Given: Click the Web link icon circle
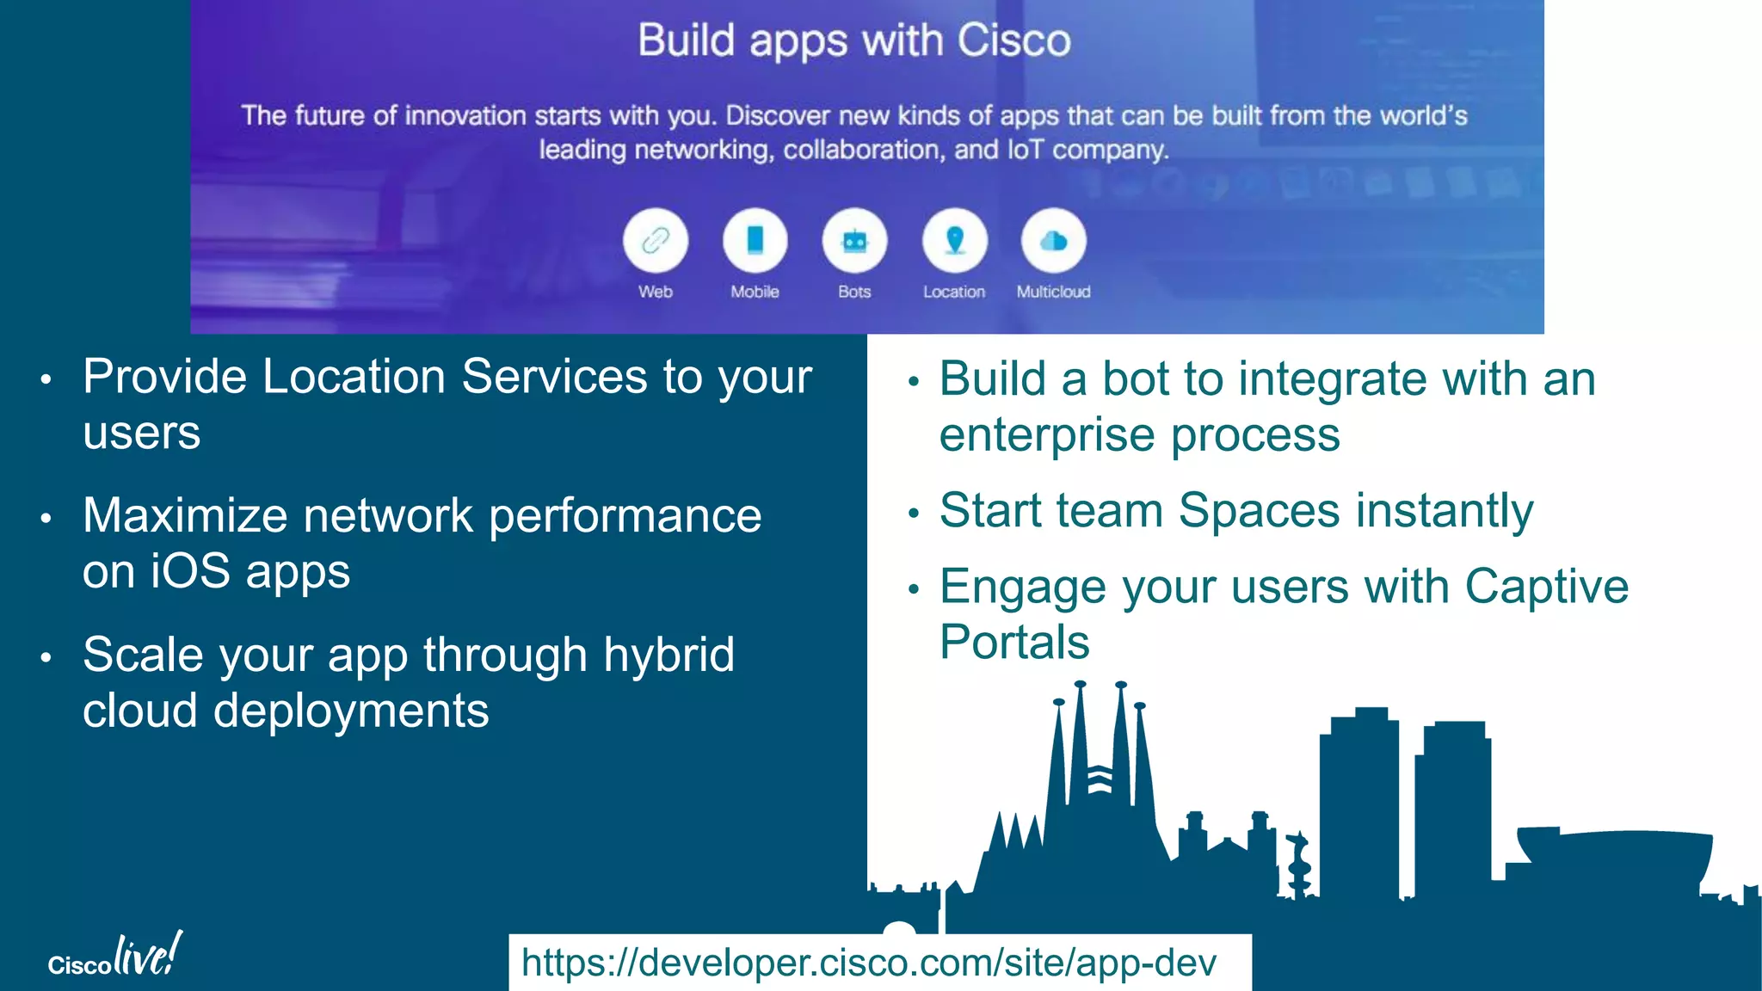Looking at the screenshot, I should pyautogui.click(x=656, y=241).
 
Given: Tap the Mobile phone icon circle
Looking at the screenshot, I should pyautogui.click(x=755, y=241).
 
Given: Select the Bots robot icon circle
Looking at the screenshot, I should pyautogui.click(x=854, y=241).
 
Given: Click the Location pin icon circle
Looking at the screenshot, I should pyautogui.click(x=954, y=241).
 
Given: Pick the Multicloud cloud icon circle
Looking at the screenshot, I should pyautogui.click(x=1053, y=241).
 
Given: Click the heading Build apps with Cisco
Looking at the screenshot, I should pyautogui.click(x=854, y=40).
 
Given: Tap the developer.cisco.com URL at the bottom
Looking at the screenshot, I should pyautogui.click(x=869, y=963).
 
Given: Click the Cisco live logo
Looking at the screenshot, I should pyautogui.click(x=115, y=957).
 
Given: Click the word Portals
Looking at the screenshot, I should pyautogui.click(x=1014, y=643).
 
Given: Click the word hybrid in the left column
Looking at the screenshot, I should pyautogui.click(x=668, y=655).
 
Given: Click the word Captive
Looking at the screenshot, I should pyautogui.click(x=1546, y=587).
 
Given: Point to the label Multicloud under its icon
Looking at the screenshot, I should pyautogui.click(x=1053, y=292).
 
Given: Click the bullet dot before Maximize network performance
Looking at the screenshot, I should pyautogui.click(x=46, y=518).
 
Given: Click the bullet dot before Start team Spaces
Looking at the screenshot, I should pyautogui.click(x=914, y=514).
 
